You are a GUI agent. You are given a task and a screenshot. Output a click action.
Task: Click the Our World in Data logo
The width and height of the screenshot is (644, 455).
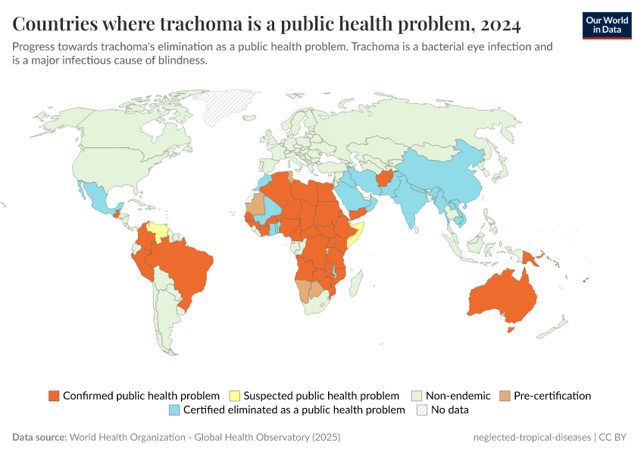coord(606,25)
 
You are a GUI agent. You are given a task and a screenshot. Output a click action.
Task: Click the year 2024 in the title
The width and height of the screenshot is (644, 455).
coord(500,24)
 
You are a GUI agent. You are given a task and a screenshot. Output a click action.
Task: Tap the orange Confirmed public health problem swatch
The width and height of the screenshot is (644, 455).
coord(54,396)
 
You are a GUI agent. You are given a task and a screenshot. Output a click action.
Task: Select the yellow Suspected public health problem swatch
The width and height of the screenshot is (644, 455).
coord(235,396)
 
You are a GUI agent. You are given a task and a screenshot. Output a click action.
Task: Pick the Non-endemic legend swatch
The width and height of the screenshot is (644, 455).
coord(417,396)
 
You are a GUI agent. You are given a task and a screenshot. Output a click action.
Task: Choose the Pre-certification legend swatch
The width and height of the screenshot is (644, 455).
coord(505,396)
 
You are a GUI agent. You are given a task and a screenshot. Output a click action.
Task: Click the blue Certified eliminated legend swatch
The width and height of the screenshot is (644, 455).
coord(174,410)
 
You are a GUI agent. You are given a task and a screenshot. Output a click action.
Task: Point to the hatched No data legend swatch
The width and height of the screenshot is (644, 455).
coord(422,410)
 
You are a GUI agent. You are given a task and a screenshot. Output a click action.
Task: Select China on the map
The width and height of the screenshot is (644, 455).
coord(439,174)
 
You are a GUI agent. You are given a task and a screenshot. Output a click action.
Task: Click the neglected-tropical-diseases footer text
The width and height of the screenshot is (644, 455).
coord(530,438)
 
